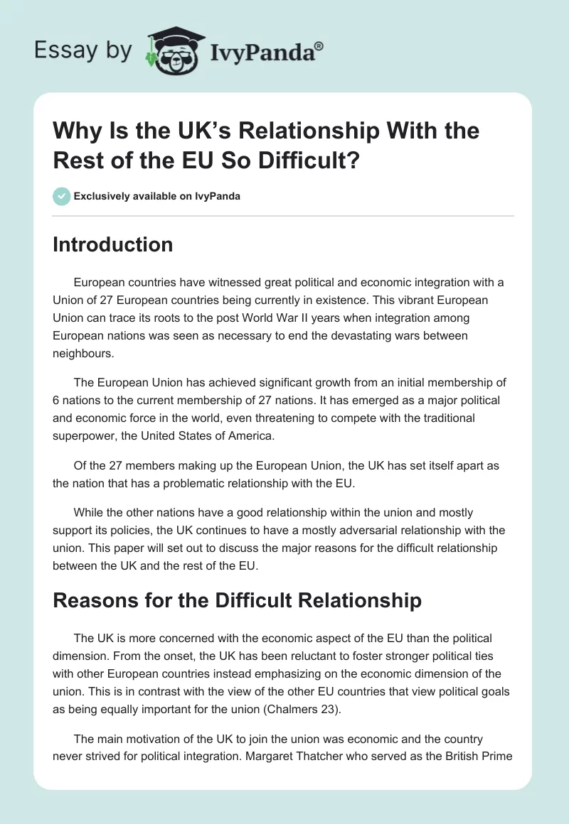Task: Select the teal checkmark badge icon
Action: click(x=61, y=196)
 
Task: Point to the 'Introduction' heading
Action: click(x=113, y=244)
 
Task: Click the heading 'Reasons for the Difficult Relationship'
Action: click(x=237, y=600)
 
